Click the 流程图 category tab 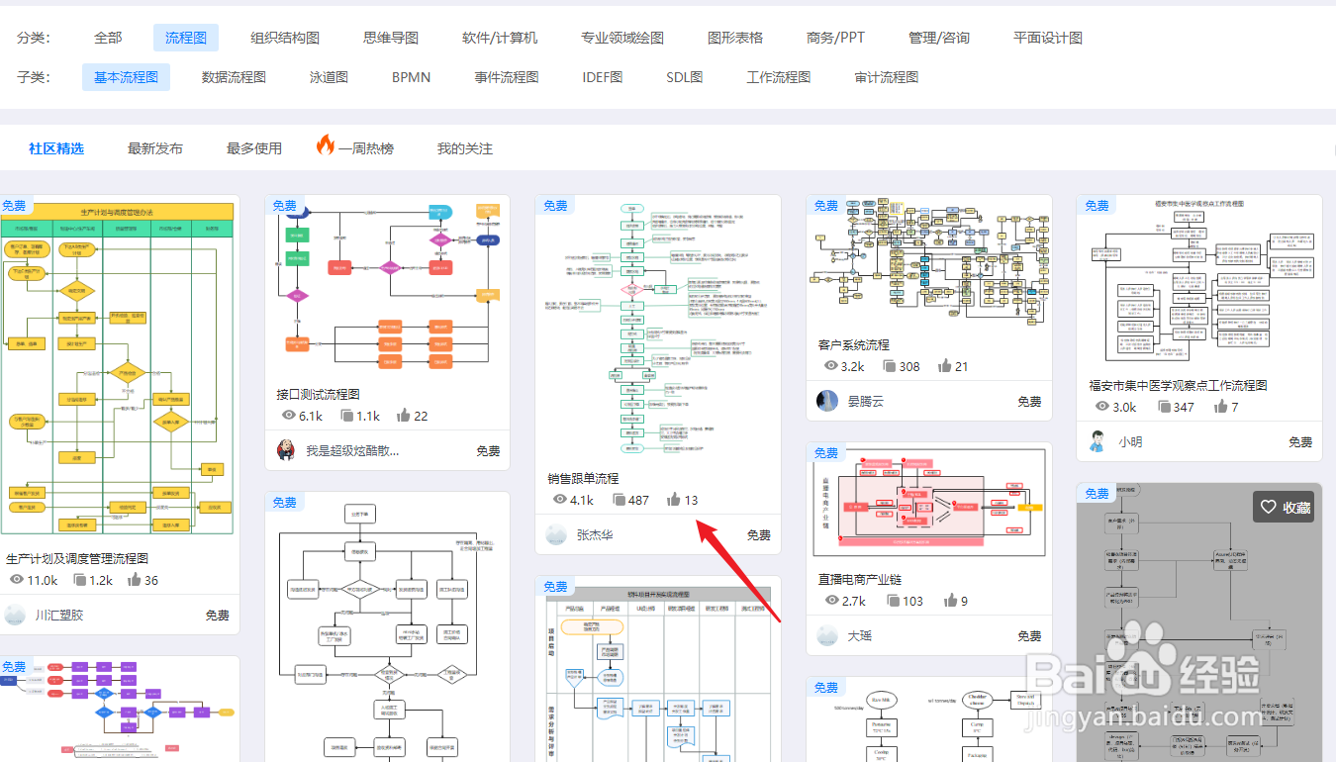[x=186, y=38]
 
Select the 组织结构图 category [x=285, y=38]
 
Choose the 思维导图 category [x=391, y=38]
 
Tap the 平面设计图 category [x=1048, y=38]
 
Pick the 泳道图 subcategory [x=329, y=76]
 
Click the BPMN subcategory [x=411, y=76]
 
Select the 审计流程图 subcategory [x=887, y=76]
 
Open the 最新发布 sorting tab [x=155, y=148]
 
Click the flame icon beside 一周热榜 [x=326, y=146]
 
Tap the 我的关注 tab [x=465, y=148]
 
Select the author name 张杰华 [x=595, y=534]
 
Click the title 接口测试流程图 [x=318, y=394]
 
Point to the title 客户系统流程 [x=853, y=344]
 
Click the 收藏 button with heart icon [x=1286, y=507]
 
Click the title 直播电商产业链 [x=860, y=579]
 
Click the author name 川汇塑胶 [x=59, y=615]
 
